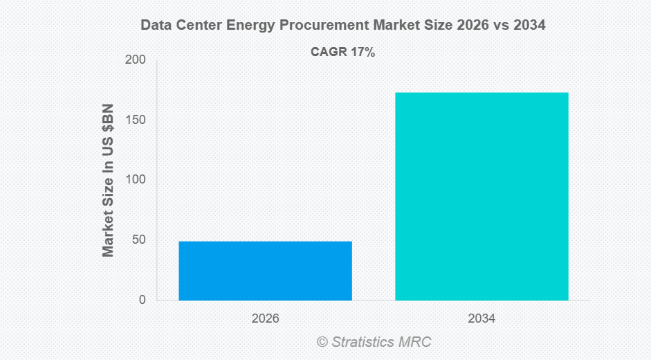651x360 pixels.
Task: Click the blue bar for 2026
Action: (x=265, y=271)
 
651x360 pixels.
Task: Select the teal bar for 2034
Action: (x=482, y=196)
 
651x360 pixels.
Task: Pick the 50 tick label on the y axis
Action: (x=138, y=240)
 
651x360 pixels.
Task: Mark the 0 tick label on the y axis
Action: (x=142, y=300)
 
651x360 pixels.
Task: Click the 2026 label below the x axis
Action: (x=265, y=319)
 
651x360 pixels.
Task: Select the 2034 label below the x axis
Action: (x=482, y=319)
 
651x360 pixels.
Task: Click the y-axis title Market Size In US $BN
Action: (x=108, y=180)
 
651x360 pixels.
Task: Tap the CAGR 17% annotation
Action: (x=342, y=51)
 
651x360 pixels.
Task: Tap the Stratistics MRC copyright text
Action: (x=374, y=342)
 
